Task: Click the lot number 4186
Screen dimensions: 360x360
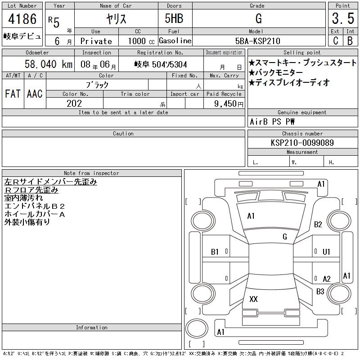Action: [22, 18]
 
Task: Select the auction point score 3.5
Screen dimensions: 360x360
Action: [343, 18]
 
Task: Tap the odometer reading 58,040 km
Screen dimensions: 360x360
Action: [49, 64]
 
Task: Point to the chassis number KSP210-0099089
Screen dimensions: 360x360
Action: [302, 143]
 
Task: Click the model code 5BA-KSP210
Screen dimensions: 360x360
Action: [257, 41]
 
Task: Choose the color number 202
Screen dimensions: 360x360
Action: [74, 103]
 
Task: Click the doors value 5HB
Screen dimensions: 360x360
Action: [174, 18]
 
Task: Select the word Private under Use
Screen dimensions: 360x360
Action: [96, 41]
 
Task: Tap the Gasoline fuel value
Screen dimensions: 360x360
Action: [175, 41]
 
